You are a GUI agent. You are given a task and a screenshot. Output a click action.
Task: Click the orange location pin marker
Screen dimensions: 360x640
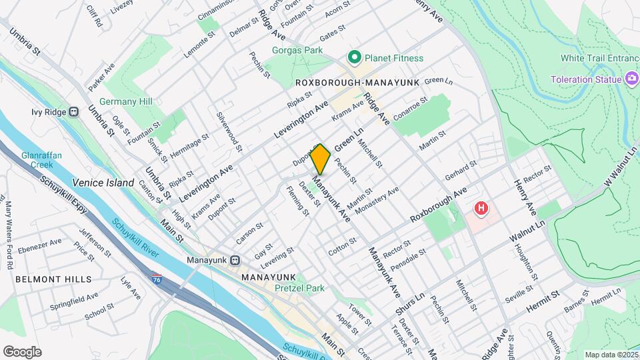point(321,159)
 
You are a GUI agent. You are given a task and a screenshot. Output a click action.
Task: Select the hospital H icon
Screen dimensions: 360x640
point(480,209)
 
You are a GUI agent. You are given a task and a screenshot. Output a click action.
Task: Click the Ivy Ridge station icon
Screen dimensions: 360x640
point(73,111)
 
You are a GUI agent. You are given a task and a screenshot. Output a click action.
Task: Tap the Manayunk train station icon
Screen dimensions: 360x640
point(235,259)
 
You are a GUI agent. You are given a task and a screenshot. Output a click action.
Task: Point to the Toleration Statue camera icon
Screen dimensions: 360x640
point(631,80)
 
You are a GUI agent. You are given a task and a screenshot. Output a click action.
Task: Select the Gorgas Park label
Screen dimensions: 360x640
point(297,50)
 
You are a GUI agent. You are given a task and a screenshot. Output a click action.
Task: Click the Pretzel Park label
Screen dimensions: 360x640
point(299,289)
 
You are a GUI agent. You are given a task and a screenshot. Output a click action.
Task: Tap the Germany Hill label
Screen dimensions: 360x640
point(126,101)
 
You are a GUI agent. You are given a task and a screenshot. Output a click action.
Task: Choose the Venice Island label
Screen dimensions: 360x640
point(103,183)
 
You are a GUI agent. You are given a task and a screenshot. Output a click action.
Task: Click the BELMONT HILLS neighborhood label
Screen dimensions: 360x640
point(54,279)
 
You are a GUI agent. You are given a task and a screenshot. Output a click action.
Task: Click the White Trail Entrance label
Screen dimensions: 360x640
point(599,58)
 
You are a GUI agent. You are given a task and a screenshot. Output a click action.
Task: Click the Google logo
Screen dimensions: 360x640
point(22,352)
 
